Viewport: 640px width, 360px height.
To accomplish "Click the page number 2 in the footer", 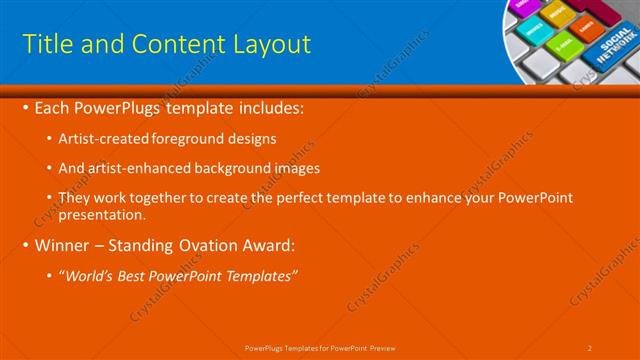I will [x=590, y=347].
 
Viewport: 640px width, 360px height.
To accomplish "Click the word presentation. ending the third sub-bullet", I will [x=103, y=214].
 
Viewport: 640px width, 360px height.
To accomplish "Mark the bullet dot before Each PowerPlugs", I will [x=25, y=107].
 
